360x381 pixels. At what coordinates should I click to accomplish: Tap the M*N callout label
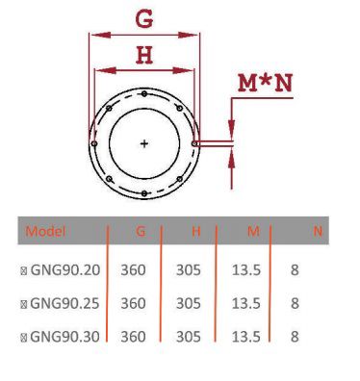265,84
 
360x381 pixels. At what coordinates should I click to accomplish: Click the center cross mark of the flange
144,143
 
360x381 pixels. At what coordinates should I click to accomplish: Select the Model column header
45,232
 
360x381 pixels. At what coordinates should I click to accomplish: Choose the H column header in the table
195,232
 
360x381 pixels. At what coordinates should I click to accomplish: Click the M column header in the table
253,232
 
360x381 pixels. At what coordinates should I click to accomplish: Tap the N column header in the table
318,232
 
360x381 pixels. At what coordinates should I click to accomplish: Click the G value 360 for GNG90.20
134,270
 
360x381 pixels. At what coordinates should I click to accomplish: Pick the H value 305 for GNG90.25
189,303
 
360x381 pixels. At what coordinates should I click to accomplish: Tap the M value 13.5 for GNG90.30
247,336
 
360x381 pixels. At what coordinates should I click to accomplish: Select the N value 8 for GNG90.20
296,270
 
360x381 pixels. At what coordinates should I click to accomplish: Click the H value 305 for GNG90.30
189,336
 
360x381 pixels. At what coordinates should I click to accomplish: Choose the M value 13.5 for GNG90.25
247,303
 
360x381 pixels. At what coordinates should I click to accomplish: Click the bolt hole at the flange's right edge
194,144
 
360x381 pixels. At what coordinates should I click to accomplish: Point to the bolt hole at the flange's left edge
93,143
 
